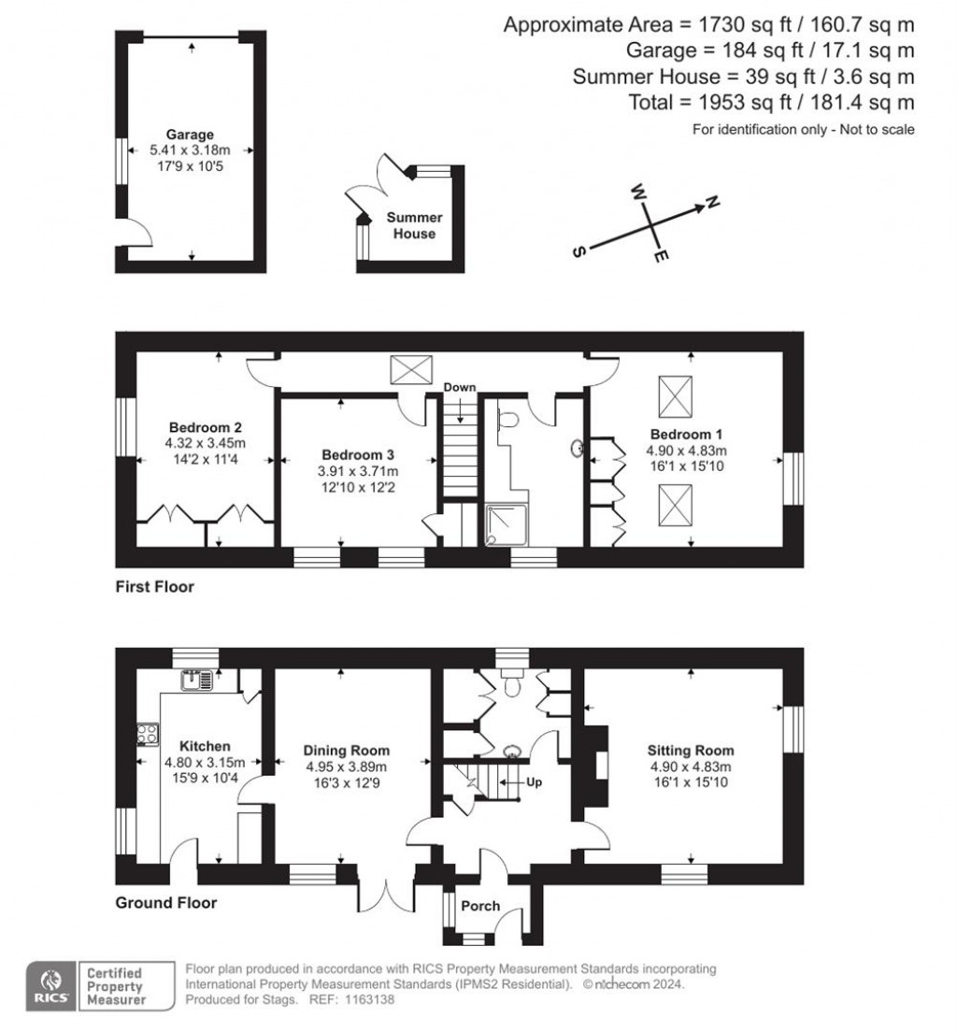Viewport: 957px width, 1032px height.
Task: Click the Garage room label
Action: click(191, 135)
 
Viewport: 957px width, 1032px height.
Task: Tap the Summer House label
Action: click(414, 225)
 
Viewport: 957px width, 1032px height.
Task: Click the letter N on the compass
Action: click(711, 201)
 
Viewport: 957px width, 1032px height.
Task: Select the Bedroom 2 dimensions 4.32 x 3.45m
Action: click(206, 443)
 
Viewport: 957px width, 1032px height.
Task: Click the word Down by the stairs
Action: click(459, 387)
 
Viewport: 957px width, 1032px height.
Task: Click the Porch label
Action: click(481, 906)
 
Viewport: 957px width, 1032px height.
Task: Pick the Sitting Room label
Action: click(691, 750)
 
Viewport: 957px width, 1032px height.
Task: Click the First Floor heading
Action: click(154, 587)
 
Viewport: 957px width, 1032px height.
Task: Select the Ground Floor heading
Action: click(165, 903)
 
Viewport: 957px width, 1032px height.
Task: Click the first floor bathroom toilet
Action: click(507, 421)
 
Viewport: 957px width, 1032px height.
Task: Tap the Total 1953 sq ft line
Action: click(772, 103)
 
